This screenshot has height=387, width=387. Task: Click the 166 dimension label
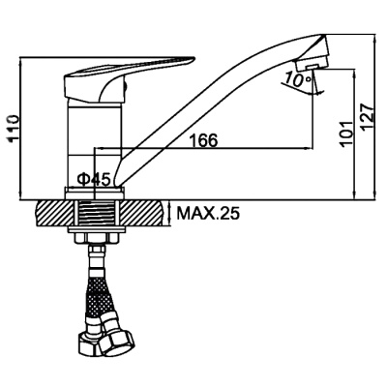click(203, 140)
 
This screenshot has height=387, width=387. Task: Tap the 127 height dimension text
click(368, 117)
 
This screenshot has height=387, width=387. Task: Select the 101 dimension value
click(346, 134)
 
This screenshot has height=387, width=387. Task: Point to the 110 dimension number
click(13, 128)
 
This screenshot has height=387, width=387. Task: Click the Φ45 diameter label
click(94, 179)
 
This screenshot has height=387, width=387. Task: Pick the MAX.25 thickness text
click(209, 213)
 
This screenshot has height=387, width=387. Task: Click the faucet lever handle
click(129, 77)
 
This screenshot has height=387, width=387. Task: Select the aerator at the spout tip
click(313, 64)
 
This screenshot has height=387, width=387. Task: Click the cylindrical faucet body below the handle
click(95, 142)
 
